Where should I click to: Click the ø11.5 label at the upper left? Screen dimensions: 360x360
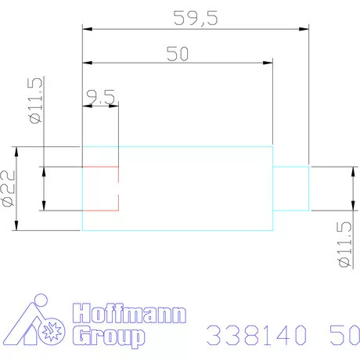(34, 101)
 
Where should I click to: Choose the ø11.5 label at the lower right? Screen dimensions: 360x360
(343, 244)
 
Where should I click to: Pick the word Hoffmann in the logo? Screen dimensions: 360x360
(129, 315)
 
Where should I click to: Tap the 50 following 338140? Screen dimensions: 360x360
(344, 335)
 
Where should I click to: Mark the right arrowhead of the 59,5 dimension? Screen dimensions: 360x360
(304, 30)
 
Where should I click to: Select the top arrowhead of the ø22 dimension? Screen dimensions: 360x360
(15, 151)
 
